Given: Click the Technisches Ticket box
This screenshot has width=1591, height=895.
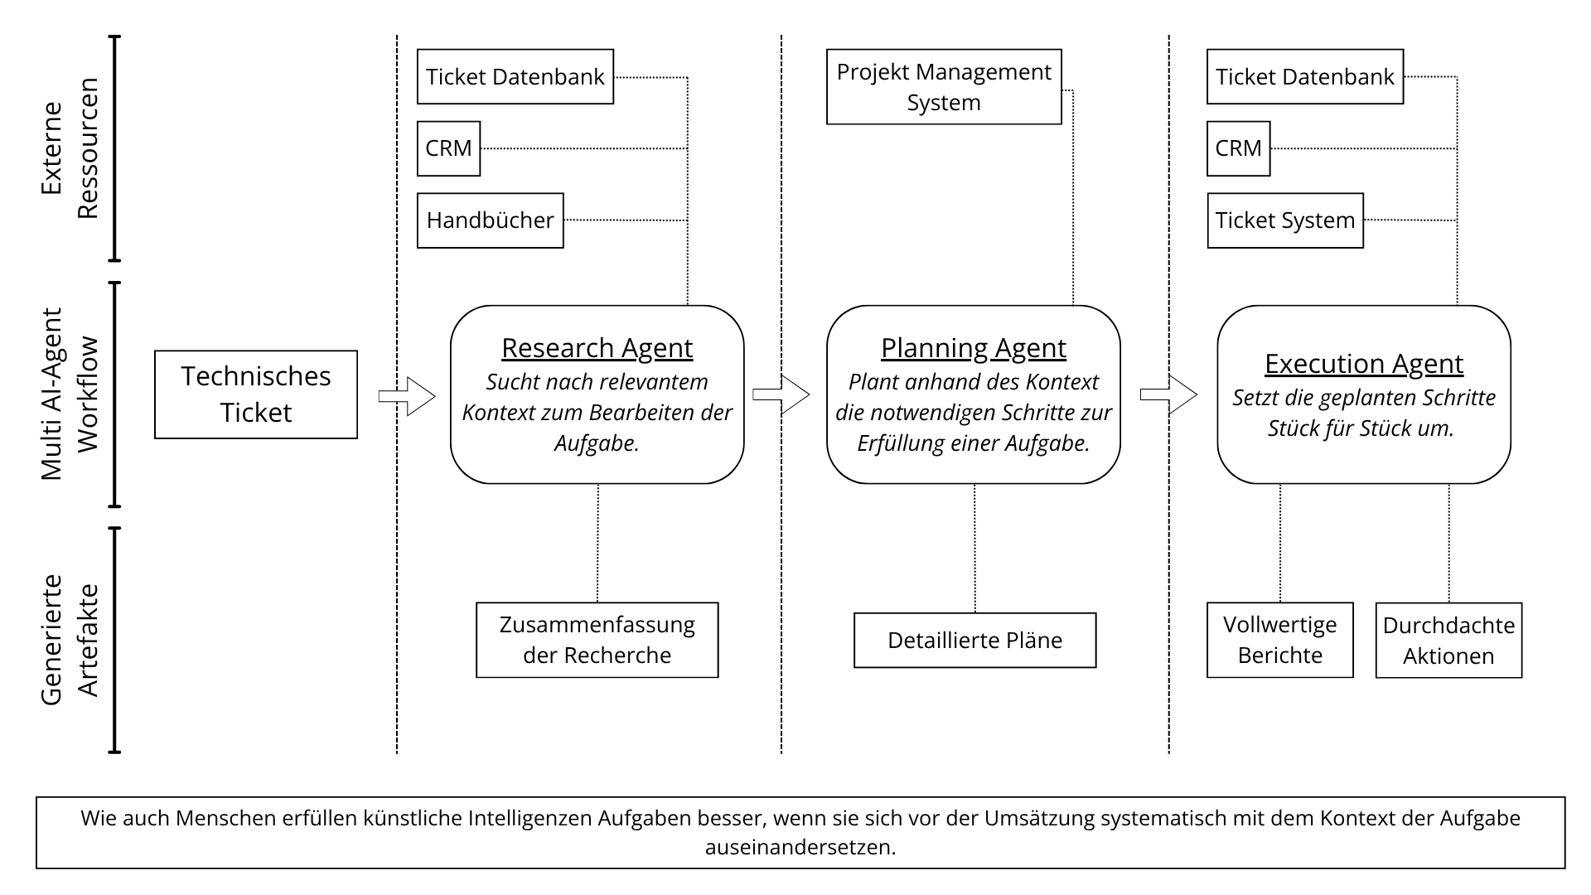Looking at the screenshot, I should (x=255, y=394).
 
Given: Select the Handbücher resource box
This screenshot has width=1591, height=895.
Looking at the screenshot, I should (x=490, y=220).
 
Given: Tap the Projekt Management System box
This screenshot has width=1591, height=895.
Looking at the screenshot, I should (x=944, y=87).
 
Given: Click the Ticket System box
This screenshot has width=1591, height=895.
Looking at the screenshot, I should (x=1284, y=220).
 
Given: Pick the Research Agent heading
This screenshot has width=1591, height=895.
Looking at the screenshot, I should (x=597, y=348).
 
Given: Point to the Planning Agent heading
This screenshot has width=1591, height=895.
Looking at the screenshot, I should (x=973, y=348).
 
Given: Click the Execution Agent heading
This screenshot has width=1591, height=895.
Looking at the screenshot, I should (x=1363, y=364).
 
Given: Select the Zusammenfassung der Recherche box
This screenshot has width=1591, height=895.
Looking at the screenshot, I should (x=597, y=640).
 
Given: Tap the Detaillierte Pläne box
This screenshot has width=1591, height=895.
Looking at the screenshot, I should (x=974, y=640).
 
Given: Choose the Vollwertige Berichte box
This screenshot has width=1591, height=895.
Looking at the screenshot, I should (x=1279, y=640).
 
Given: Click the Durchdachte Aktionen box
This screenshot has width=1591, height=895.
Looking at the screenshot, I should (x=1448, y=641).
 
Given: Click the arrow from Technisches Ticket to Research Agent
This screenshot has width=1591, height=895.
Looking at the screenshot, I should (x=407, y=396).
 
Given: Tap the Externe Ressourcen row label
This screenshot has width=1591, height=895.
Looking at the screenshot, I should (x=70, y=148).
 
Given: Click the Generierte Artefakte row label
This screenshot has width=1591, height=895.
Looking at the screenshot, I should (x=70, y=640).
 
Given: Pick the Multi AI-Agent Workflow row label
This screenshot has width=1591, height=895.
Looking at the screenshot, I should (x=70, y=394).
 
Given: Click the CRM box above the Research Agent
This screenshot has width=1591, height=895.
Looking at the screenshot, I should (x=448, y=149).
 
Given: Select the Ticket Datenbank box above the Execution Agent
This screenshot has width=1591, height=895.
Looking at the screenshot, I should (x=1304, y=77).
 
